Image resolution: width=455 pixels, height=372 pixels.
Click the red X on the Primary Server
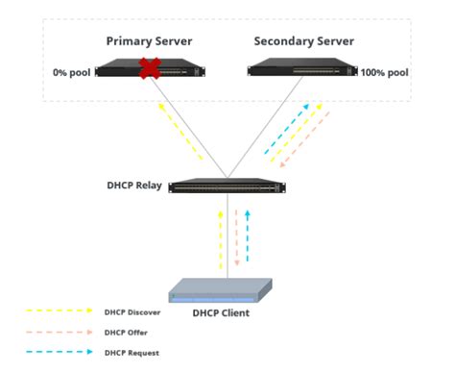pos(149,70)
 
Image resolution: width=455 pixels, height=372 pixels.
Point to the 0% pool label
pos(71,72)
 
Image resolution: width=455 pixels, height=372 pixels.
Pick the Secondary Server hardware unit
pos(301,68)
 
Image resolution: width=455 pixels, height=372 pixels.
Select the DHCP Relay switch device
pos(227,186)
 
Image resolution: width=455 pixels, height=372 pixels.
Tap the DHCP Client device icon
pos(227,290)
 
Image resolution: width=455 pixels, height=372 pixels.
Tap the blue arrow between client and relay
pos(248,236)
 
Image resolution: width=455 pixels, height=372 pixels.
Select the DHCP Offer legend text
pos(124,333)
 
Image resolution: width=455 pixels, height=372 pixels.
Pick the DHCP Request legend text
pos(129,354)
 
